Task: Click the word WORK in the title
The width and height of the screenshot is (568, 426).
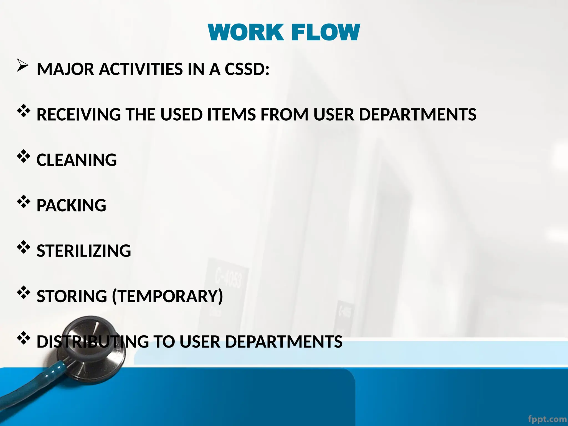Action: [x=246, y=32]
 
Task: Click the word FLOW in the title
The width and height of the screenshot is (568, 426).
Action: [x=326, y=32]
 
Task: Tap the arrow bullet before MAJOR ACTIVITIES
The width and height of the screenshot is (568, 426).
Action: [x=22, y=65]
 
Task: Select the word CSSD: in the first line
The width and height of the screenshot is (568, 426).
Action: [x=247, y=69]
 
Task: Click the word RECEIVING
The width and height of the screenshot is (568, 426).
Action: [x=79, y=115]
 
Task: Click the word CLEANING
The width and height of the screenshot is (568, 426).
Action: [x=77, y=160]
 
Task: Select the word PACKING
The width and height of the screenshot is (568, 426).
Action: [x=71, y=206]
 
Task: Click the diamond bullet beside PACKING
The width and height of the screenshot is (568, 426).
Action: [x=24, y=202]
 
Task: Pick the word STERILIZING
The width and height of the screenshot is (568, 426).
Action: [x=84, y=251]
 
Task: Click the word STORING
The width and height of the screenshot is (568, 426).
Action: [x=72, y=296]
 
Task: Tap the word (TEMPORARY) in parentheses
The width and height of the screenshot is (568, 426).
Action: [x=168, y=296]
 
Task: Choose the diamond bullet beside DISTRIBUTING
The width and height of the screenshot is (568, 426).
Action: [x=24, y=338]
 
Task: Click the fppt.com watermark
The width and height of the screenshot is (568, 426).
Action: [x=547, y=419]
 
